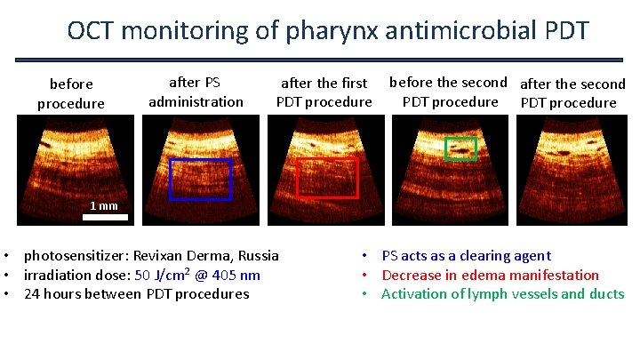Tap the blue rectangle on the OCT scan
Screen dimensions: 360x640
[x=200, y=179]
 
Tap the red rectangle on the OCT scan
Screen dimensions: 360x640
[x=326, y=178]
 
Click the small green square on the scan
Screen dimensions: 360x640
[x=460, y=148]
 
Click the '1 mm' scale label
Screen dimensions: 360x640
[x=103, y=206]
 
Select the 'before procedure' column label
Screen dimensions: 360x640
[x=71, y=93]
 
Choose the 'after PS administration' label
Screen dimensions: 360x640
[x=196, y=92]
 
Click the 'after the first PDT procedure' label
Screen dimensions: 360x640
[x=324, y=92]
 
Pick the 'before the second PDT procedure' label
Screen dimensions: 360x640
[x=450, y=92]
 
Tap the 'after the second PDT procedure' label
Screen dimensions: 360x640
[x=572, y=93]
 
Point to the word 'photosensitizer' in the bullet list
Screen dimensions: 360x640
[x=74, y=256]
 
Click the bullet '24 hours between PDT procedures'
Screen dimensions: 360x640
[x=136, y=294]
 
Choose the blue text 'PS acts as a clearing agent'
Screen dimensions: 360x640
[x=466, y=256]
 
